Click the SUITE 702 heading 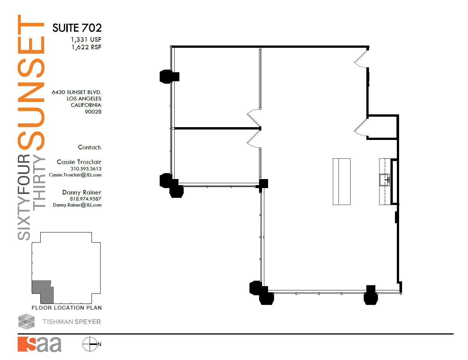click(77, 28)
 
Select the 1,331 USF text click(86, 39)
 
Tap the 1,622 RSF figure click(86, 47)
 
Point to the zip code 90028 click(93, 112)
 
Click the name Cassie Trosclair click(79, 162)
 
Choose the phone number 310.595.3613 click(85, 169)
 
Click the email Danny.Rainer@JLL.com click(77, 205)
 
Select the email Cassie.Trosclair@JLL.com click(75, 175)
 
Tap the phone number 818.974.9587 click(85, 199)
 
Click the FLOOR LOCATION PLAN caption click(67, 308)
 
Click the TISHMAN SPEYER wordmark click(72, 322)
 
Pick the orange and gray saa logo click(40, 344)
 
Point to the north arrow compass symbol click(90, 344)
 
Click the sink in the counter click(384, 180)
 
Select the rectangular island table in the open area click(341, 182)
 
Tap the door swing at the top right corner click(361, 59)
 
